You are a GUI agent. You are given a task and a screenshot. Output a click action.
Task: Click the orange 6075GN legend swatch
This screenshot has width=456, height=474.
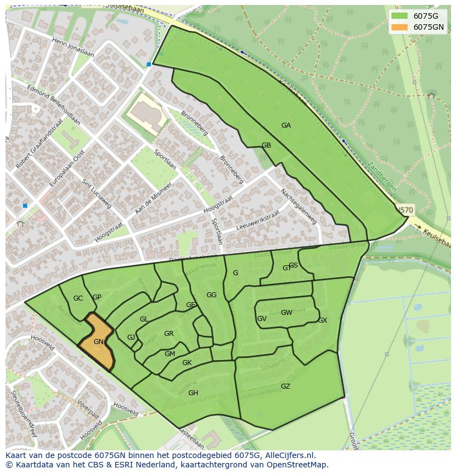pyautogui.click(x=400, y=27)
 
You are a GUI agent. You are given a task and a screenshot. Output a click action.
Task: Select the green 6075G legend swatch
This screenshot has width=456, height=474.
pyautogui.click(x=400, y=16)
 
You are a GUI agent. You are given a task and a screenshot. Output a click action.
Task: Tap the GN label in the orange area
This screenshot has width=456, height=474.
pyautogui.click(x=99, y=342)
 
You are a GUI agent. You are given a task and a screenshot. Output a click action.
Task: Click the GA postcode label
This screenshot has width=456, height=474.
pyautogui.click(x=286, y=126)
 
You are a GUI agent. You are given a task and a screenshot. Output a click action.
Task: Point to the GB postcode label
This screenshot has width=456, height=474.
pyautogui.click(x=266, y=145)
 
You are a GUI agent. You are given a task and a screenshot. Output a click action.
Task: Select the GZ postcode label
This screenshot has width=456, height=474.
pyautogui.click(x=285, y=386)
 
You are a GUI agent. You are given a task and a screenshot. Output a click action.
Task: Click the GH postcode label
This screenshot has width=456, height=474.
pyautogui.click(x=193, y=393)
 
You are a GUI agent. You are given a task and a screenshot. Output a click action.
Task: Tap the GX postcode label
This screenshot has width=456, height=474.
pyautogui.click(x=322, y=320)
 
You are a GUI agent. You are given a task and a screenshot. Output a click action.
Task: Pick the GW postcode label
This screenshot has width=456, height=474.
pyautogui.click(x=286, y=313)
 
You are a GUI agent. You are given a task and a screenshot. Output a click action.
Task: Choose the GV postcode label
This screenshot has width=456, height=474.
pyautogui.click(x=262, y=319)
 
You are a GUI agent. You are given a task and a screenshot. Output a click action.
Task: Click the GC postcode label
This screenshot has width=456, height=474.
pyautogui.click(x=78, y=298)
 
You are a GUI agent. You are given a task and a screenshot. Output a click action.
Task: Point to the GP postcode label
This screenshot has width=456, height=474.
pyautogui.click(x=97, y=297)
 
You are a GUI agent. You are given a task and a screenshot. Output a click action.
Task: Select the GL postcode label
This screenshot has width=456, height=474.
pyautogui.click(x=144, y=319)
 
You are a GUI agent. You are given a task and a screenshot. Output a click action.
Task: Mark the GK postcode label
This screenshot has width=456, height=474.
pyautogui.click(x=187, y=363)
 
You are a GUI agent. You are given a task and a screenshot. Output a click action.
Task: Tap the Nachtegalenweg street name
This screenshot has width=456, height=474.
pyautogui.click(x=298, y=207)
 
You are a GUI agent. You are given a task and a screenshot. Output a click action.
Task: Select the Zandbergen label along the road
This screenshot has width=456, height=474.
pyautogui.click(x=382, y=177)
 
